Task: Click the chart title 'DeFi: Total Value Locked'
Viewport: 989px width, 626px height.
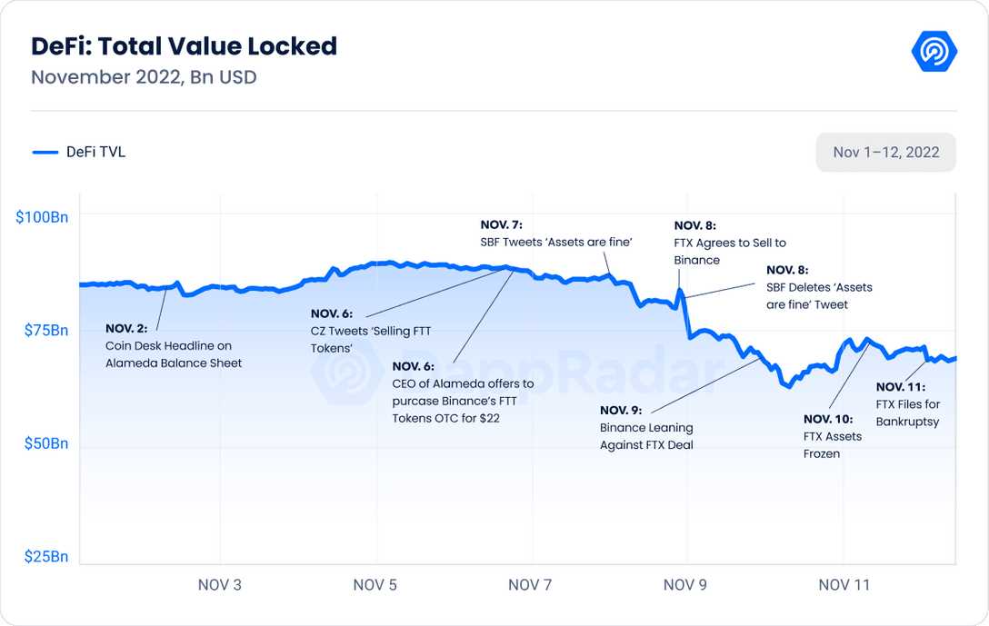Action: click(184, 46)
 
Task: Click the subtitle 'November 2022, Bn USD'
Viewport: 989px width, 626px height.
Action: click(144, 77)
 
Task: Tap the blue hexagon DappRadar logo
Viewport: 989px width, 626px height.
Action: click(934, 52)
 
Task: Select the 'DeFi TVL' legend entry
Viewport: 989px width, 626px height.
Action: click(80, 153)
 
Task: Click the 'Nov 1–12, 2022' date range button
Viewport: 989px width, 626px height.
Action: click(885, 153)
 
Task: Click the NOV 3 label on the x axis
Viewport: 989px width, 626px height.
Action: click(220, 585)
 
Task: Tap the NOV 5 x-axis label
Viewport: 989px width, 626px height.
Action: click(375, 585)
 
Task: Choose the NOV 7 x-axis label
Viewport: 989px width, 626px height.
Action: click(530, 585)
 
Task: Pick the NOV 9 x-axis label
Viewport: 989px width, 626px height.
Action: click(685, 585)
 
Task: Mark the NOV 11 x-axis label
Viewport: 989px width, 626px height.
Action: click(844, 585)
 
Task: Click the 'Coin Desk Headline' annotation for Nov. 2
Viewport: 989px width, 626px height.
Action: click(173, 346)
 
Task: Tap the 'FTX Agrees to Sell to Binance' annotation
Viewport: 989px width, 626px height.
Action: click(729, 243)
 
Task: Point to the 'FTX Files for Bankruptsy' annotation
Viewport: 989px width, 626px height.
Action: click(907, 404)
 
